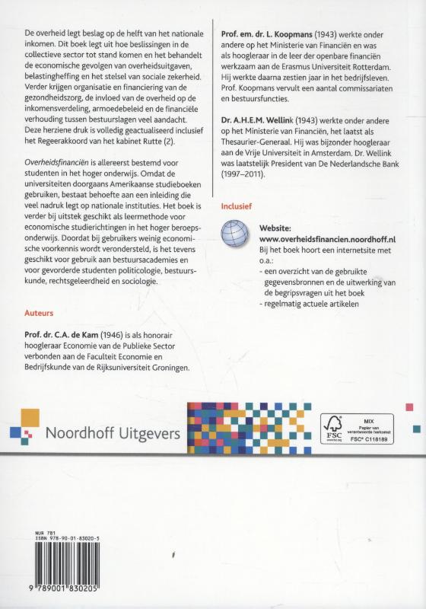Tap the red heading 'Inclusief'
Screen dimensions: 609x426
tap(236, 205)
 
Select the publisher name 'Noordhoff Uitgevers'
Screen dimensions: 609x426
tap(113, 435)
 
